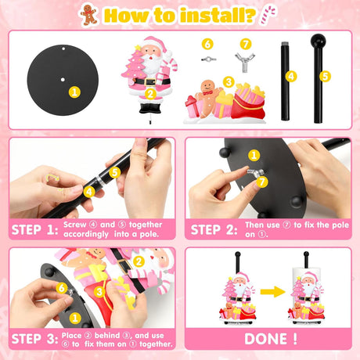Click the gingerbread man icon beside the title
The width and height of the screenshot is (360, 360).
[89, 14]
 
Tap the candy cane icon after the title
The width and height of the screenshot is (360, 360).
[268, 15]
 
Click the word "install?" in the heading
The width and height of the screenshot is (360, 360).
[218, 16]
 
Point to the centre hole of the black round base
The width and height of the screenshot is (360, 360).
[63, 79]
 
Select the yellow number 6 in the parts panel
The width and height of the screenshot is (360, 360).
[207, 44]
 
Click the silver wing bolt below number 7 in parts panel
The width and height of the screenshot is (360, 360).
[245, 63]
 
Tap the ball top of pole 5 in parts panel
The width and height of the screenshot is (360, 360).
[318, 41]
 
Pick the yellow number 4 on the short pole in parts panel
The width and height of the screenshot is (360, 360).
[291, 77]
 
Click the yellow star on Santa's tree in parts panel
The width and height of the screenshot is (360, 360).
[138, 48]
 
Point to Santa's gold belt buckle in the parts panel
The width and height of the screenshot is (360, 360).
[149, 82]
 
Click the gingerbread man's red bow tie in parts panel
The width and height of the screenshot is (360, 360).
[207, 92]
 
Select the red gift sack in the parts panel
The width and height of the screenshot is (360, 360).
[248, 104]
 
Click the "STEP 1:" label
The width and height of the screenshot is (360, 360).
[34, 230]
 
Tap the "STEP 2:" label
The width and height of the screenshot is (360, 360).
[214, 230]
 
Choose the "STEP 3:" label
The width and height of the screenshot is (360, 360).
[34, 339]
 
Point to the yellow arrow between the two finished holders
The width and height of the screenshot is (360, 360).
[272, 291]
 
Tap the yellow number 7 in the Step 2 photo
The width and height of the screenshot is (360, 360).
[262, 182]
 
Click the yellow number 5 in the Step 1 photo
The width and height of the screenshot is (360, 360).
[115, 172]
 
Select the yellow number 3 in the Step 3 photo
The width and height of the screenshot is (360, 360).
[99, 292]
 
